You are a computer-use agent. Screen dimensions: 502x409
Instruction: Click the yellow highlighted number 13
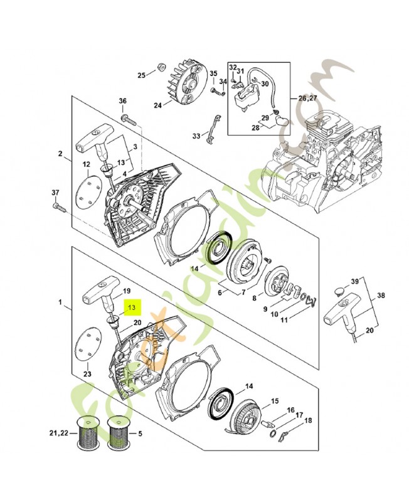tap(132, 307)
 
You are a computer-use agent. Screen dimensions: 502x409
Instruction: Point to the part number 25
tap(142, 75)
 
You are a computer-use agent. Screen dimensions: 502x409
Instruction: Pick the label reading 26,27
tap(307, 98)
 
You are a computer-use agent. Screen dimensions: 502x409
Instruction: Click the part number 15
tap(275, 400)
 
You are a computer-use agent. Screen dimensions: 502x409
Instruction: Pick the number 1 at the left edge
tap(61, 303)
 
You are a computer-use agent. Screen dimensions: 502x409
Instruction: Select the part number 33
tap(196, 136)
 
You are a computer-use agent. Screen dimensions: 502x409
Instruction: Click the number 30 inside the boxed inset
tap(265, 83)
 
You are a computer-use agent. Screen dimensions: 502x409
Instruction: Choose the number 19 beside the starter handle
tap(126, 291)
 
